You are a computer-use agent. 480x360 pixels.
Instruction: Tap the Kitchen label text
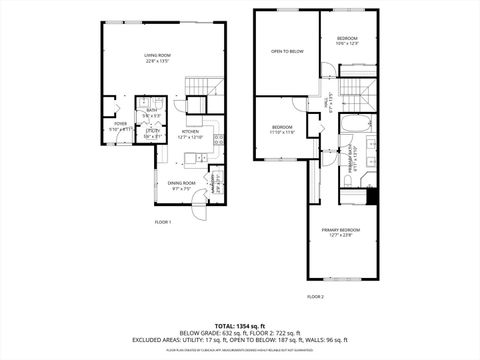[x=190, y=131]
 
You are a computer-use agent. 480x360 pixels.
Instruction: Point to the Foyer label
[x=120, y=125]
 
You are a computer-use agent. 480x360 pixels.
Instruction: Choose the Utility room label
[x=152, y=133]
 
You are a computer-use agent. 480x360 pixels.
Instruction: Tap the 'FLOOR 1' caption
[x=163, y=221]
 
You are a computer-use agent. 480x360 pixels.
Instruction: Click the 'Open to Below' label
[x=287, y=50]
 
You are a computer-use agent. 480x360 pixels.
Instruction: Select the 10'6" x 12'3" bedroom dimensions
[x=347, y=43]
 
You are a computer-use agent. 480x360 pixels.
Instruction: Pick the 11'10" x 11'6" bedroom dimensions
[x=283, y=131]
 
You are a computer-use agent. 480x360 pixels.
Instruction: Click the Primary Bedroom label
[x=341, y=234]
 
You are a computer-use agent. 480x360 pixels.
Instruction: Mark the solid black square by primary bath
[x=371, y=195]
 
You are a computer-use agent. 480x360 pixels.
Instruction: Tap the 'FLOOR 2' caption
[x=316, y=297]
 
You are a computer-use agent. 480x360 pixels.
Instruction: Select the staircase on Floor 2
[x=355, y=95]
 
